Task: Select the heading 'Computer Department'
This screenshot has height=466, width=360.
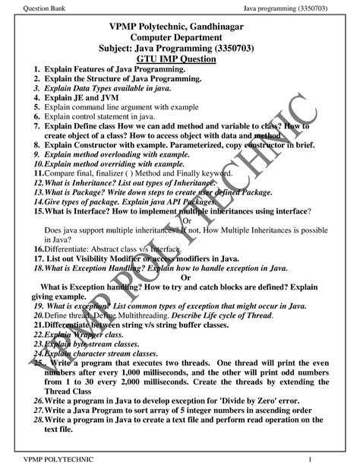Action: coord(180,38)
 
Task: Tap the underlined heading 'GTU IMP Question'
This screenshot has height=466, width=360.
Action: coord(180,59)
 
